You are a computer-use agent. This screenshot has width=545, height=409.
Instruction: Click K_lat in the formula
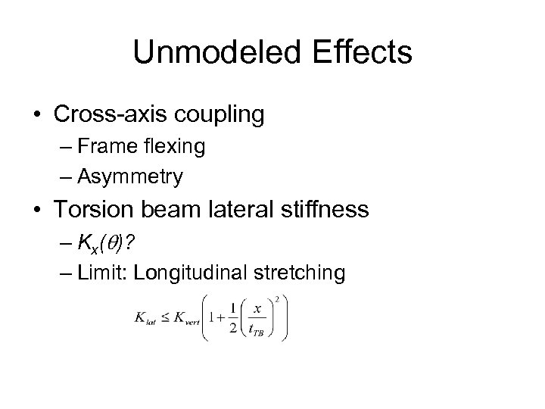(x=145, y=321)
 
